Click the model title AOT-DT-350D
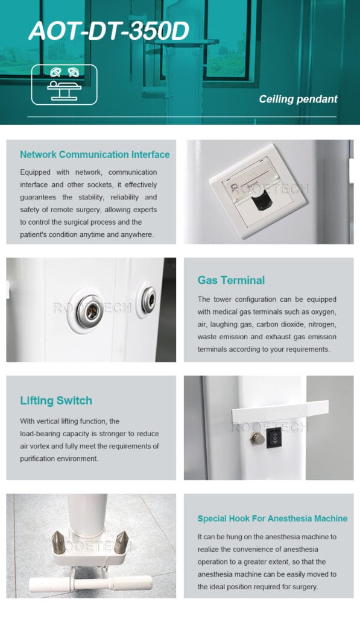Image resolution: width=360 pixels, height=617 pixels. point(109,31)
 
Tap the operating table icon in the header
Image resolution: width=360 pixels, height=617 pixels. point(64,84)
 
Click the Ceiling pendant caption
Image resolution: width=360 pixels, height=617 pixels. point(298,99)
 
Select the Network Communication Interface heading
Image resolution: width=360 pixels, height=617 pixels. point(95,154)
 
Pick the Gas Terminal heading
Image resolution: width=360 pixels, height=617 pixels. point(231,280)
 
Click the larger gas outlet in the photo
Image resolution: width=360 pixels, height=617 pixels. point(90,310)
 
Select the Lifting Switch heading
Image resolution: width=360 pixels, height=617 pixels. point(56,401)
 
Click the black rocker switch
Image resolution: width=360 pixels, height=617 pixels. point(274,437)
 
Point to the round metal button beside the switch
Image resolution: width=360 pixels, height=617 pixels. point(257,439)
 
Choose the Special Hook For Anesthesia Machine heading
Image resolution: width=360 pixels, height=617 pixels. point(273,519)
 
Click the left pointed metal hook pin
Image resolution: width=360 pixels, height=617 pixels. point(58,542)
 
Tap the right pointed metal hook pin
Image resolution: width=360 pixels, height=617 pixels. point(121,542)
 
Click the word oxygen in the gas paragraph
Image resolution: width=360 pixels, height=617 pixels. point(323,312)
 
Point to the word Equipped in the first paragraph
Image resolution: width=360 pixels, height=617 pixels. point(36,172)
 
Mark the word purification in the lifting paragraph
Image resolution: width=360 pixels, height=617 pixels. point(38,459)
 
